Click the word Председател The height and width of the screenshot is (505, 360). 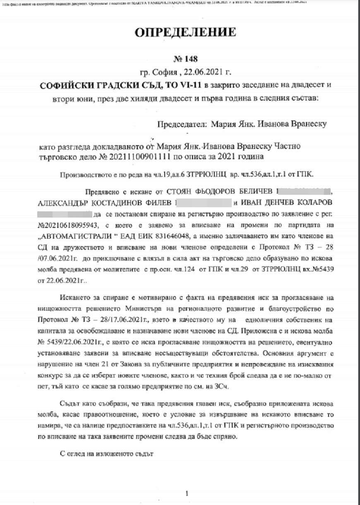click(182, 124)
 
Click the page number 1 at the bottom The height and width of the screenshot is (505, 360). click(187, 493)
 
